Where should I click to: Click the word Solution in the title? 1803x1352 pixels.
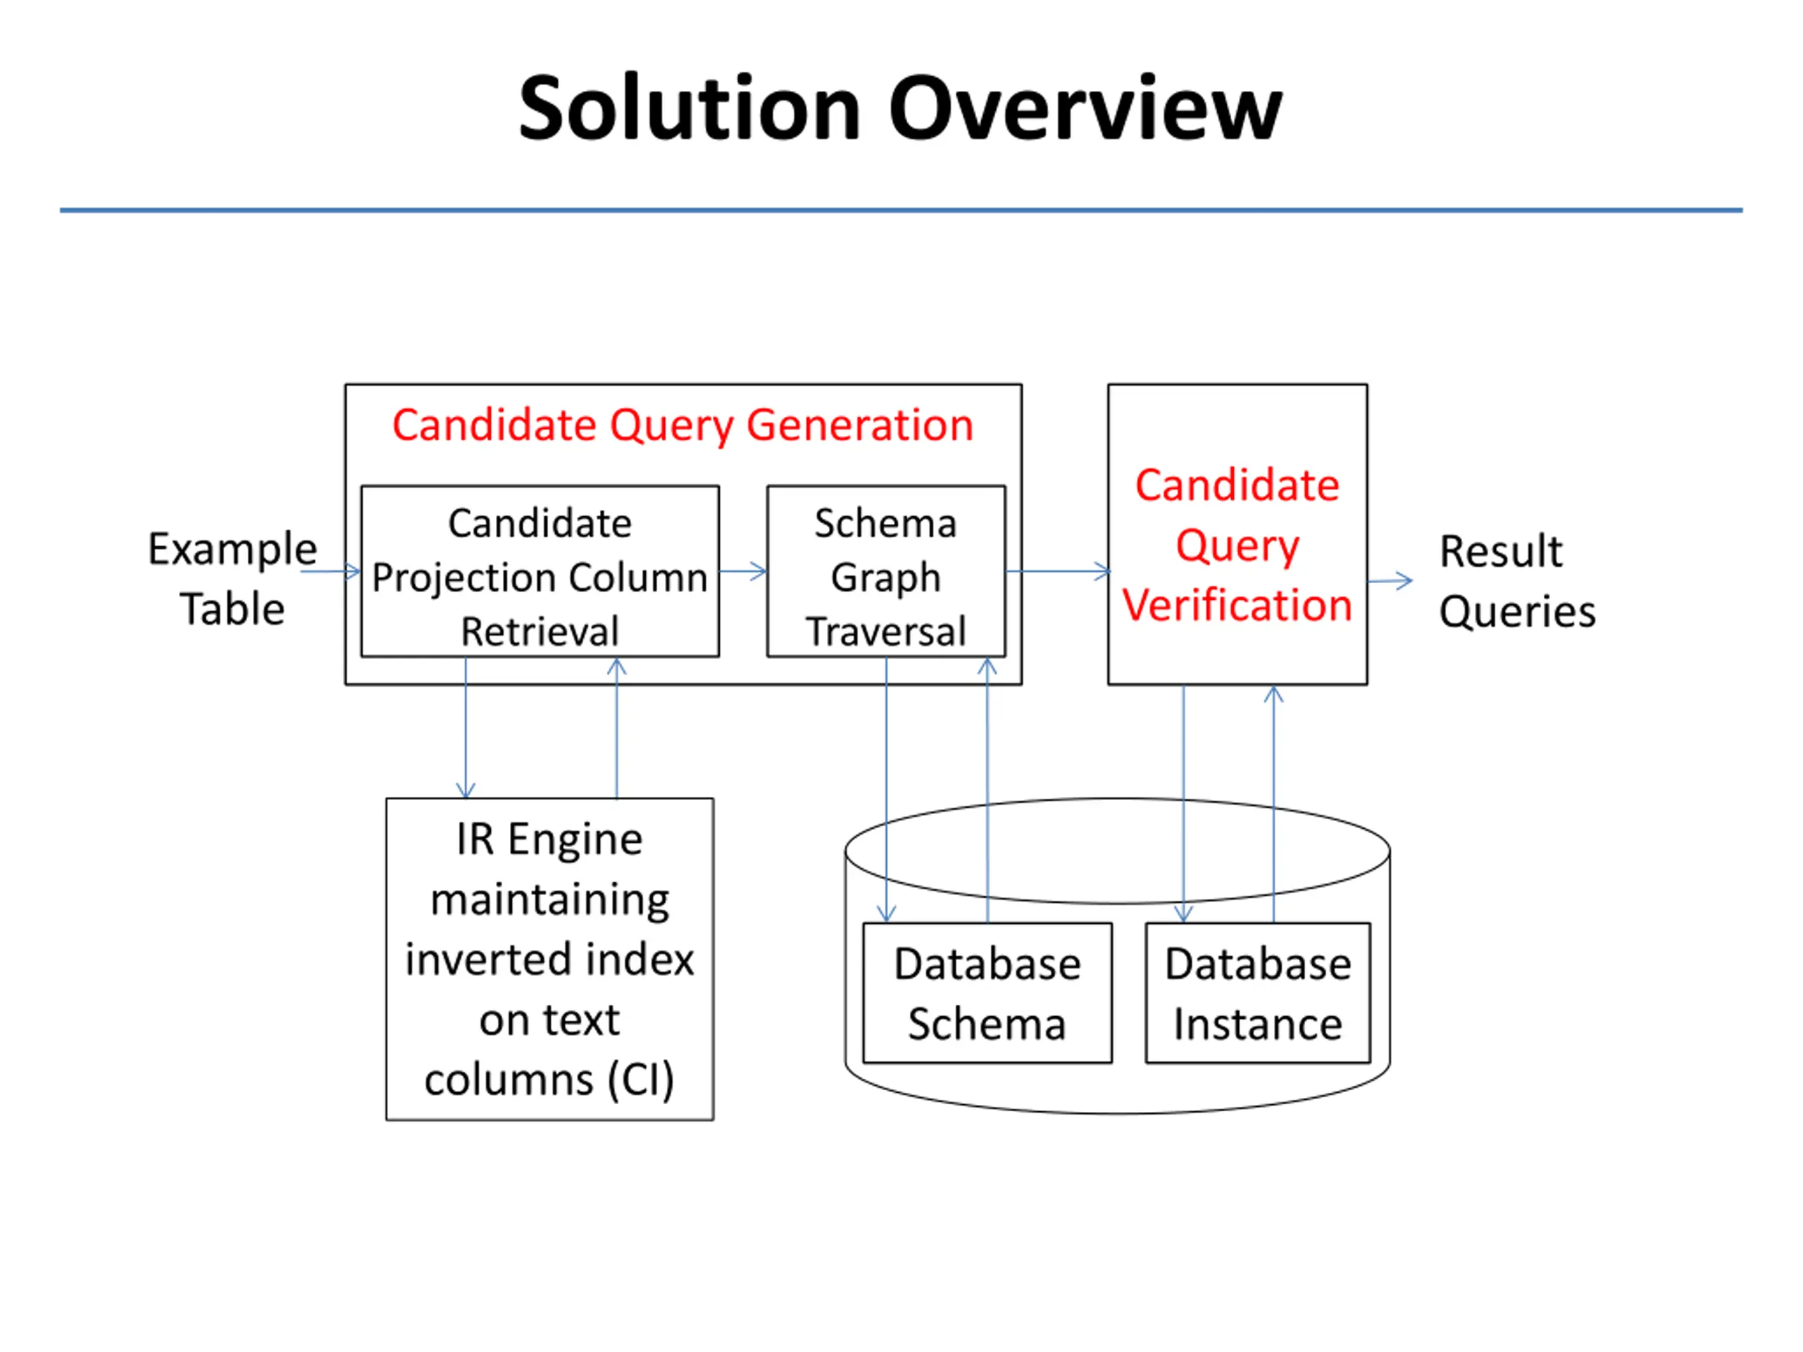(x=690, y=108)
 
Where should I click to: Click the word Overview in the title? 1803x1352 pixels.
(x=1086, y=108)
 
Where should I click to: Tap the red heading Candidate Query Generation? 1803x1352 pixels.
(x=683, y=425)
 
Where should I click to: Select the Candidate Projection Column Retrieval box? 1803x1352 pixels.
(x=539, y=571)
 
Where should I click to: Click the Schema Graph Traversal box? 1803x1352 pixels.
(x=886, y=571)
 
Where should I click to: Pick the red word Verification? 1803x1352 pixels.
(x=1237, y=606)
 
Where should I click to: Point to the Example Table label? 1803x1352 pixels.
(x=232, y=579)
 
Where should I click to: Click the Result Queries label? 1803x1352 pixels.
(x=1517, y=581)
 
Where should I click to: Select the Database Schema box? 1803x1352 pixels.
(x=987, y=993)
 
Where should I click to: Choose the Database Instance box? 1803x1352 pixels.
(x=1258, y=993)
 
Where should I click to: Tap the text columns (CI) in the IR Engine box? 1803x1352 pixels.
(x=549, y=1079)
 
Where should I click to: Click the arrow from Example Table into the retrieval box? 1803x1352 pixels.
(x=331, y=571)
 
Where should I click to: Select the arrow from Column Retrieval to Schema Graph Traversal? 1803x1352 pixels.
(x=743, y=571)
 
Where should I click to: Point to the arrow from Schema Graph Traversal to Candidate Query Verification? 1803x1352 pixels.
(x=1058, y=571)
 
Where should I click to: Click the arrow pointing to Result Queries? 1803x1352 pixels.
(x=1390, y=581)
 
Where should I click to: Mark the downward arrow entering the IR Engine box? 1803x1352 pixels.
(x=466, y=727)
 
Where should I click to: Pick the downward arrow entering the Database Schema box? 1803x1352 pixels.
(x=886, y=789)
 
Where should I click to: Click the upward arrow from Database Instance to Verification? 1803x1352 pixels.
(x=1273, y=804)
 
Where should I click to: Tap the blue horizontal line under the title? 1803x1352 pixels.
(x=901, y=211)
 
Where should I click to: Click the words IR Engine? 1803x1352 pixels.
(x=549, y=839)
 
